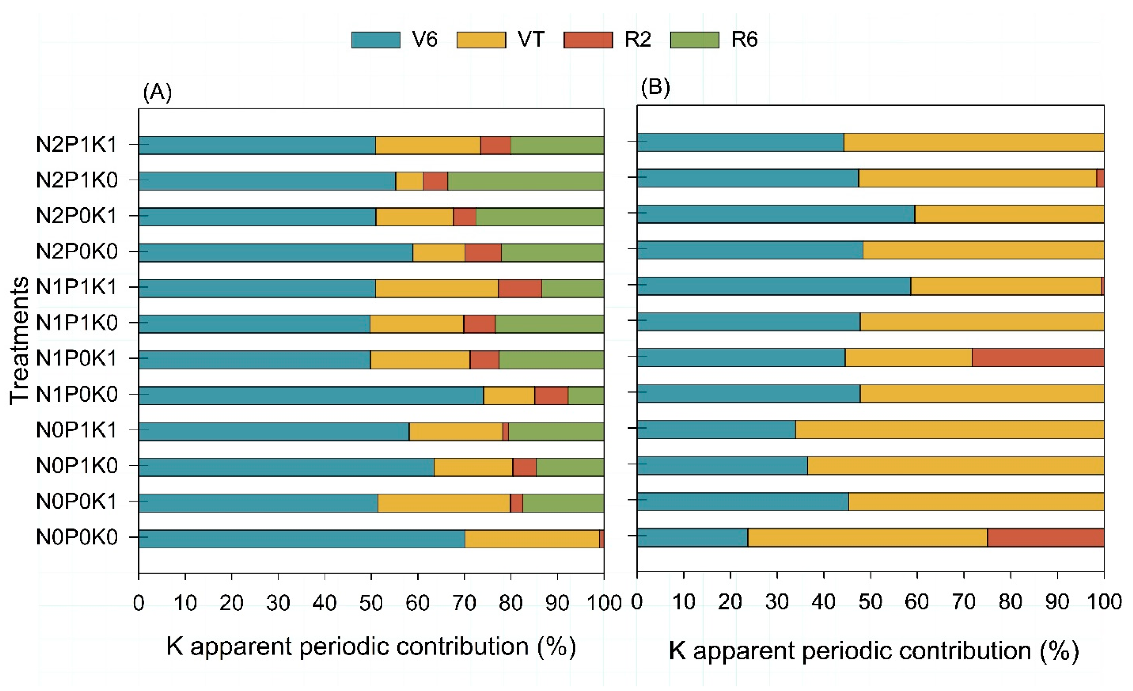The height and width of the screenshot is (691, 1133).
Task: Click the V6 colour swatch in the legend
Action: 376,40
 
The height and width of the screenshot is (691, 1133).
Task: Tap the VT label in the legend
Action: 531,40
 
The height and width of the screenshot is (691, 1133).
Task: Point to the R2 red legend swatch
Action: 588,40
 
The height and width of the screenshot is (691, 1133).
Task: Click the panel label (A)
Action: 157,92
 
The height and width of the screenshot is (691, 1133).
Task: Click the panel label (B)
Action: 655,87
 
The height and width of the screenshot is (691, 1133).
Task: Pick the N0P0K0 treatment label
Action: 77,537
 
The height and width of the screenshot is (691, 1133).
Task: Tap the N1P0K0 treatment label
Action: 77,395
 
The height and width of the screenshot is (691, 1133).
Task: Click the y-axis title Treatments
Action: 19,341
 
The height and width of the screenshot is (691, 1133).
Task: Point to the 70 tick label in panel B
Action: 964,602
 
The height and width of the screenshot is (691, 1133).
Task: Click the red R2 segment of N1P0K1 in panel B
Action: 1038,357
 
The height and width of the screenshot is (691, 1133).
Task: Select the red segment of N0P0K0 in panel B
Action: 1046,538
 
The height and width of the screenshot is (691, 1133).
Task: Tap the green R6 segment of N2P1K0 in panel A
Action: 526,181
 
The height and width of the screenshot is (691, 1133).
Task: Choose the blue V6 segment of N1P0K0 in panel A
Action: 311,395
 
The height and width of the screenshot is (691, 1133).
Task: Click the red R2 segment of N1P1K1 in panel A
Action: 520,288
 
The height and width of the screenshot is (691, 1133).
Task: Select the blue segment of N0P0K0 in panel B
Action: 693,538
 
